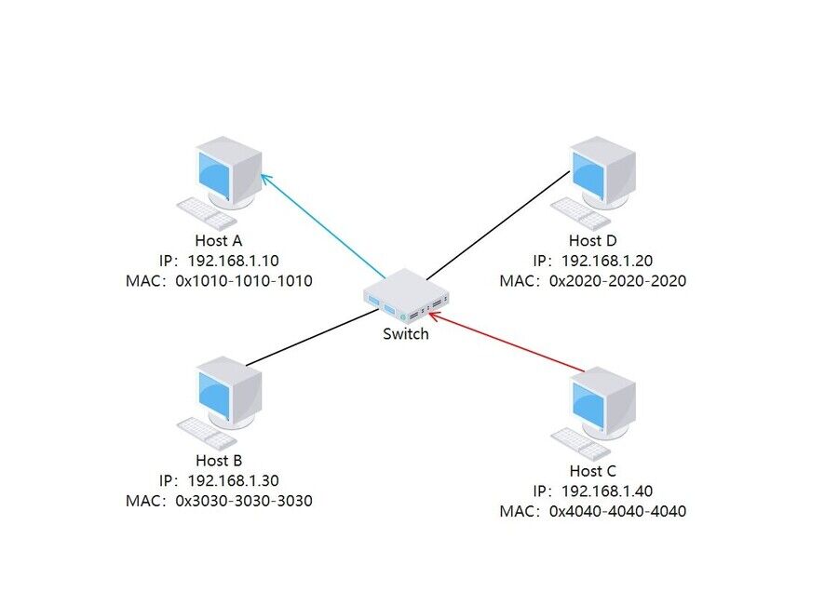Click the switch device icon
point(406,297)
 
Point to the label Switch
point(406,333)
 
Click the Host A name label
point(219,241)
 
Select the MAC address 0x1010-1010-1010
point(243,280)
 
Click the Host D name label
point(593,241)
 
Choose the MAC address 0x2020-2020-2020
point(617,280)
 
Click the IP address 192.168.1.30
point(233,480)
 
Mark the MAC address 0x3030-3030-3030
point(243,500)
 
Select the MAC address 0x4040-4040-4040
point(617,511)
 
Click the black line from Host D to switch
point(498,224)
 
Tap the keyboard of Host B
point(208,433)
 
